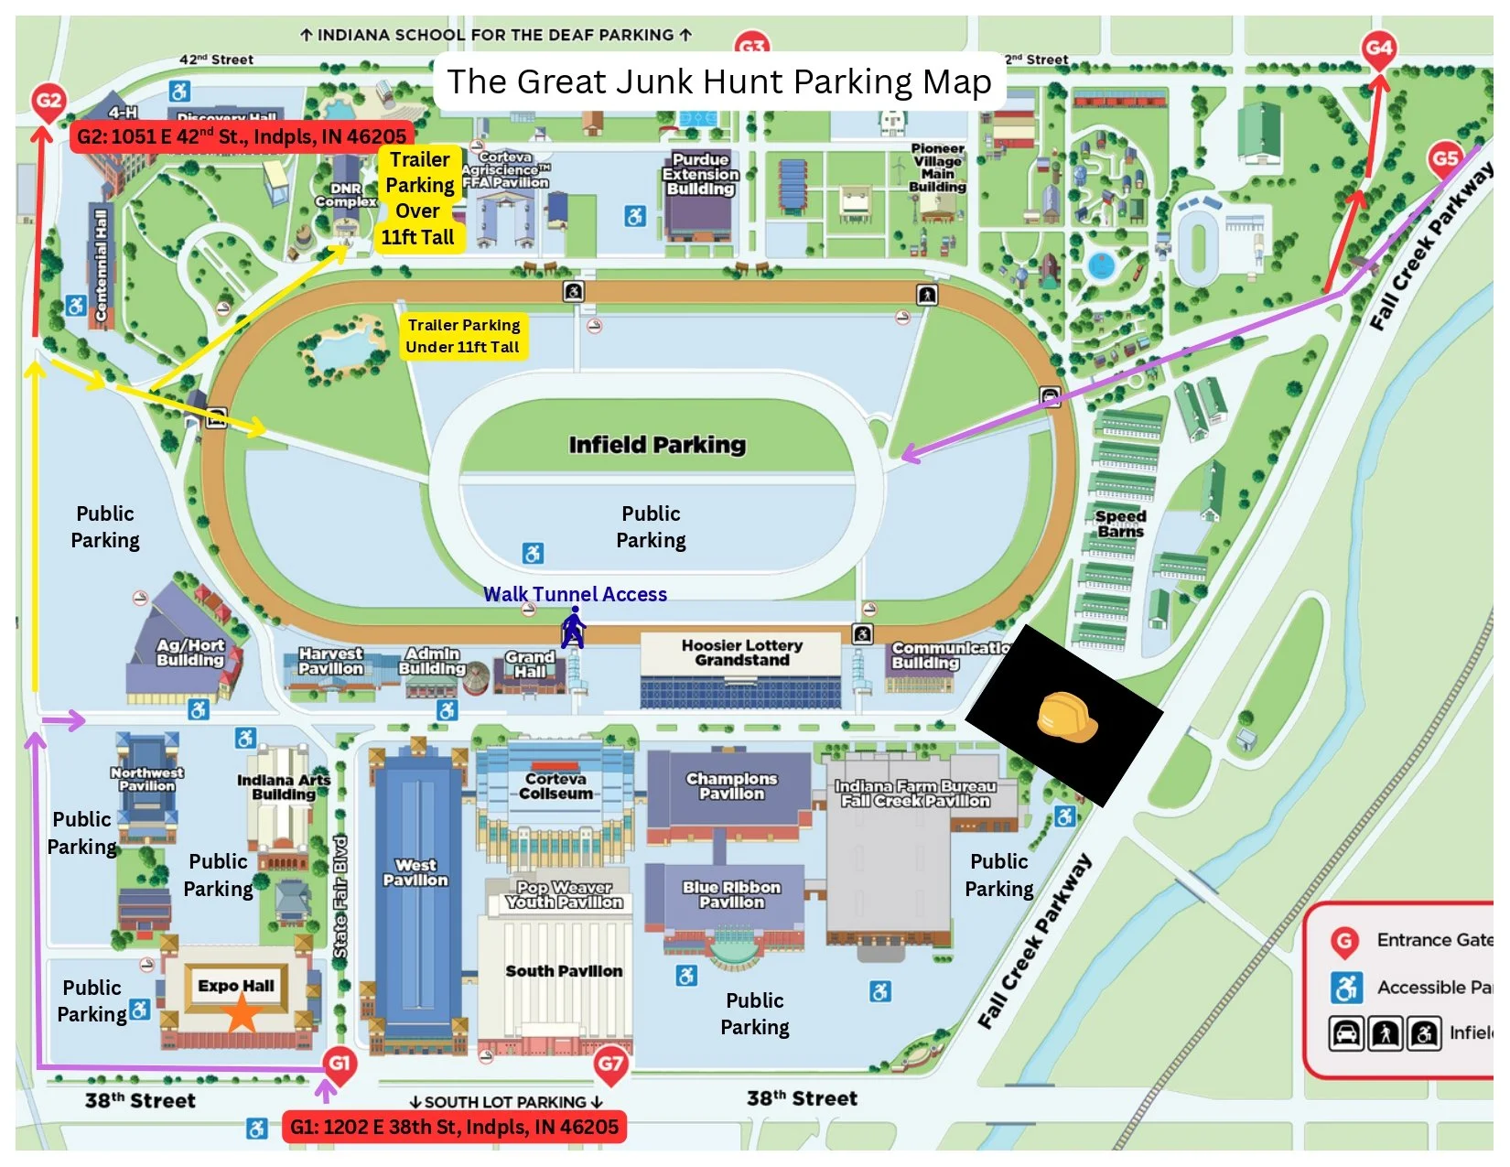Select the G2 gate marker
pos(48,102)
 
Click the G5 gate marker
pos(1445,159)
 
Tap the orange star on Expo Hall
pos(242,1013)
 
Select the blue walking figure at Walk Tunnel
pos(573,628)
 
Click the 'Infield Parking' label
pos(657,445)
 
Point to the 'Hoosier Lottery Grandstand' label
pos(741,653)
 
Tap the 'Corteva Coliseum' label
pos(555,786)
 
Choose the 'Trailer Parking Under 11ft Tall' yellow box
pos(463,336)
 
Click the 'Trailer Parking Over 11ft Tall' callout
pos(418,199)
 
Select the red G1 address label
pos(454,1127)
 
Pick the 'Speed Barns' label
pos(1120,524)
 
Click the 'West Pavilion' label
pos(415,872)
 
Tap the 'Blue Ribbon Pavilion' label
pos(731,894)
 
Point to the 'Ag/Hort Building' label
pos(189,652)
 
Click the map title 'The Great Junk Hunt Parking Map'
pos(719,82)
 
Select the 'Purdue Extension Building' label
pos(700,174)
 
